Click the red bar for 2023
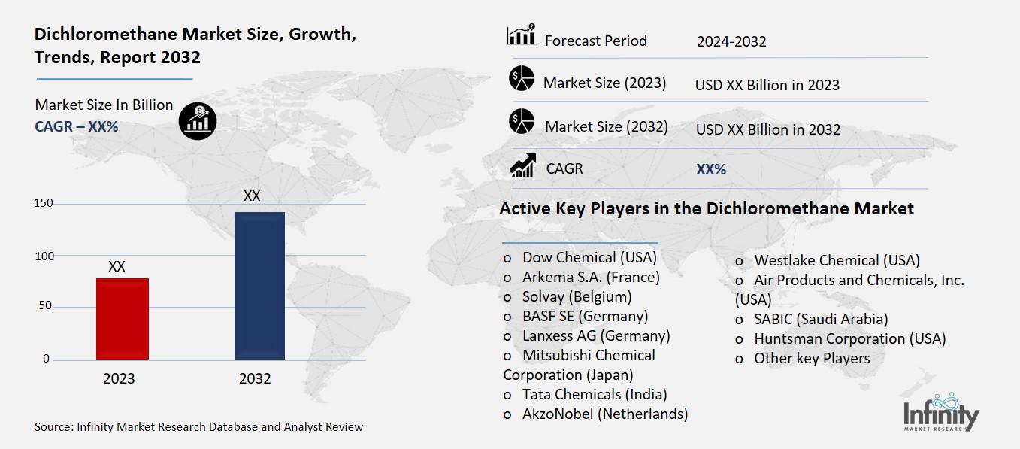[123, 318]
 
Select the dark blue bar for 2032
[259, 285]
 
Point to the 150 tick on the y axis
[43, 203]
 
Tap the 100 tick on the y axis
[43, 256]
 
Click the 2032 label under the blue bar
[255, 378]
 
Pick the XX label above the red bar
[117, 266]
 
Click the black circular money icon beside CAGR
[198, 120]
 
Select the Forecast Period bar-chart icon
[521, 35]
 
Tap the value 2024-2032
[731, 41]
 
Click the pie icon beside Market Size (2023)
[521, 78]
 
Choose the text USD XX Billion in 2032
[767, 129]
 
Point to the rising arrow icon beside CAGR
[522, 165]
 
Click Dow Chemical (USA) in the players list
[589, 257]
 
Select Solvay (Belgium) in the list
[577, 296]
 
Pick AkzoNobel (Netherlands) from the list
[605, 414]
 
